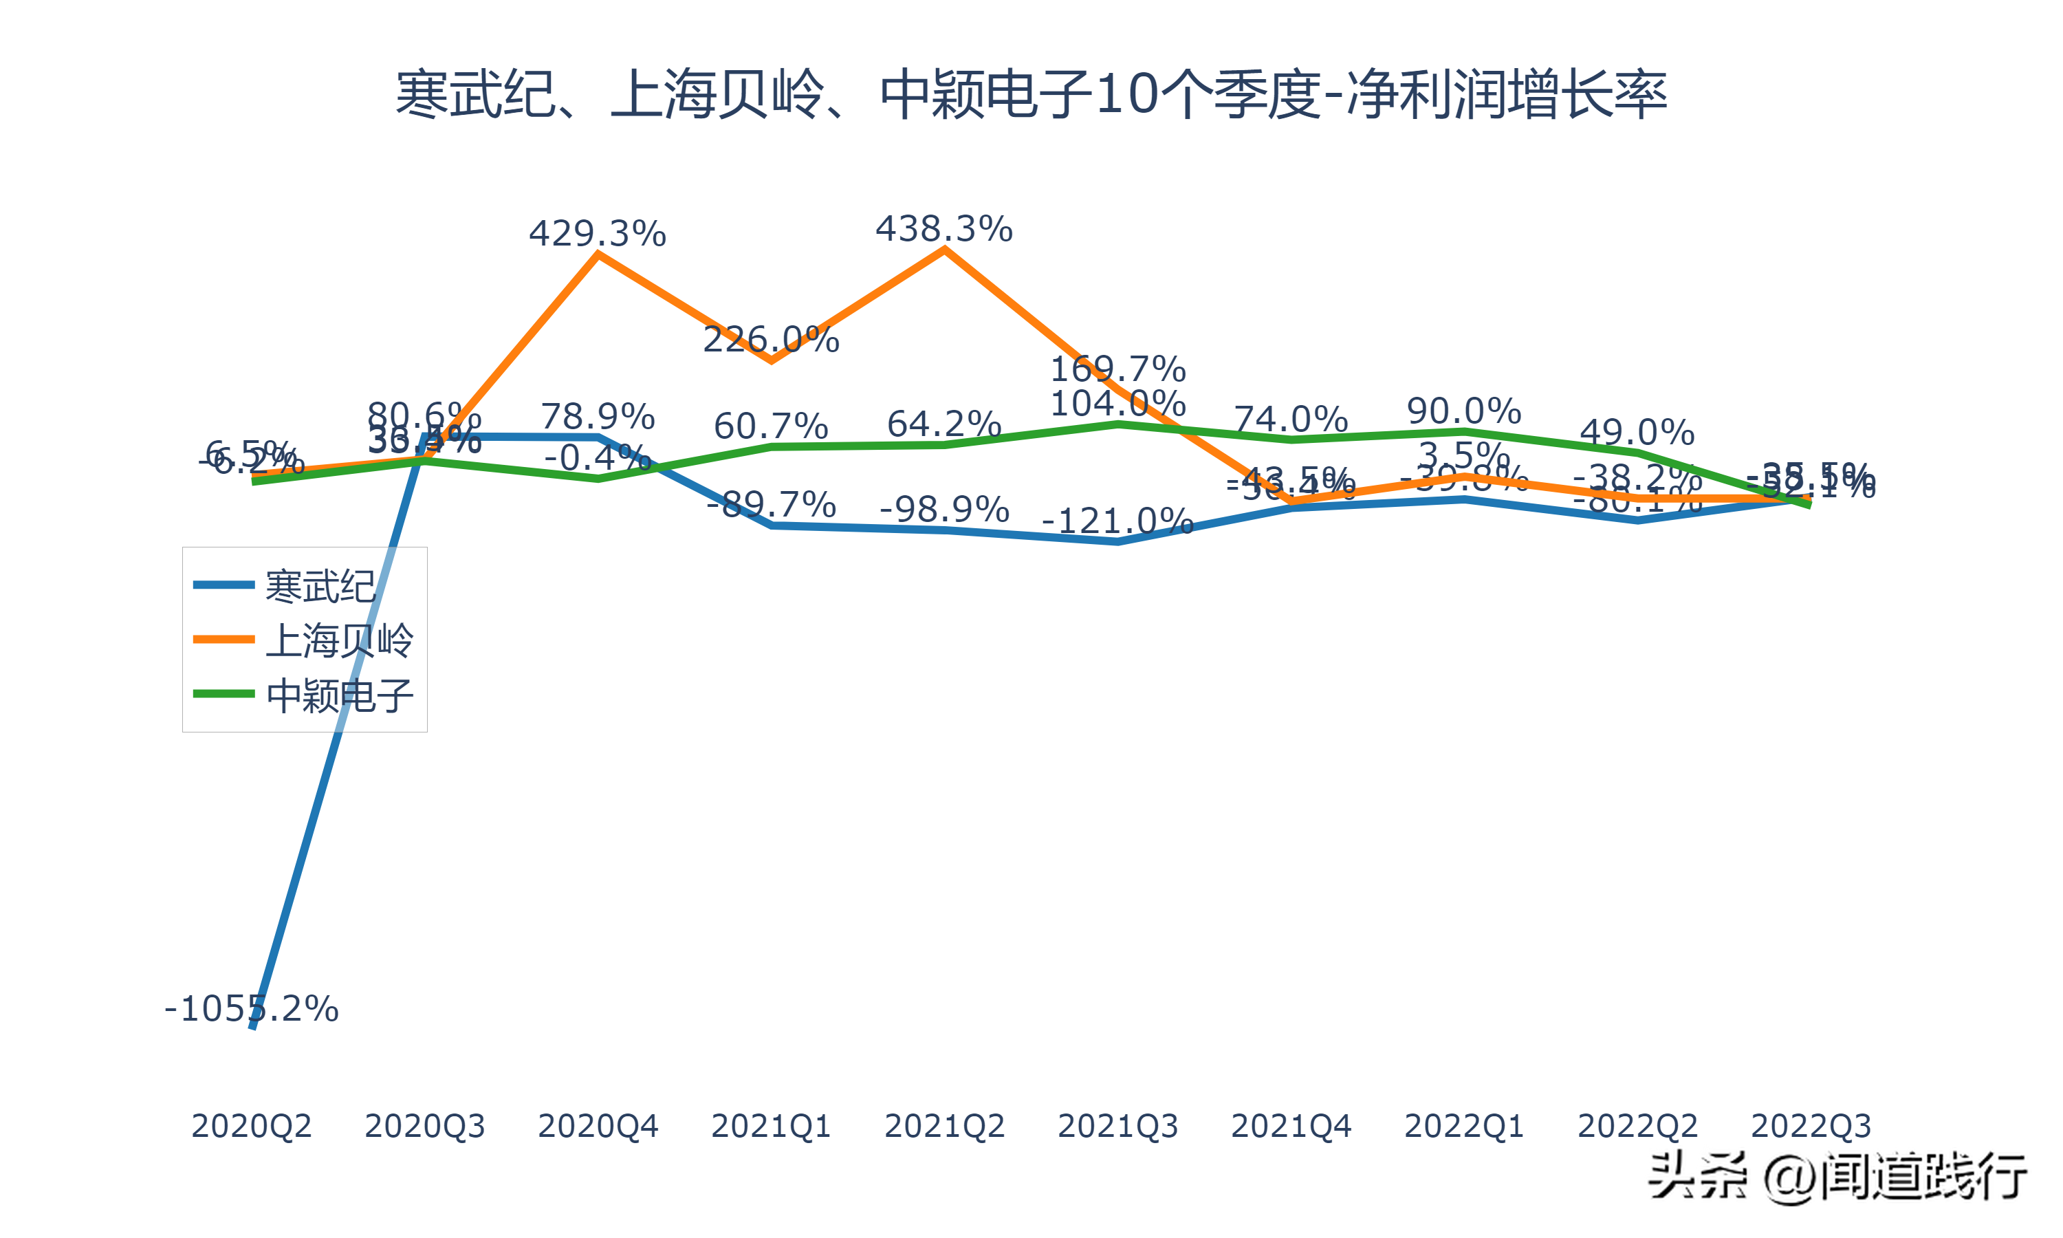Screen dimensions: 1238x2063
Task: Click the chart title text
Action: [1031, 94]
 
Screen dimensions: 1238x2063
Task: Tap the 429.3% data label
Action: [597, 234]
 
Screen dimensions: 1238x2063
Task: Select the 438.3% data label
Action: [944, 228]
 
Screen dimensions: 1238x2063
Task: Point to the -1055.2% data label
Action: [251, 1008]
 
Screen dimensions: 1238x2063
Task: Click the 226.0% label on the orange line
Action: [770, 340]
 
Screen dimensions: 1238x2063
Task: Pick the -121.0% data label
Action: [1117, 521]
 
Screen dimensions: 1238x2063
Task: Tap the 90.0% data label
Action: [1463, 411]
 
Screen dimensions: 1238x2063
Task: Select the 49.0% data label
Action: [1637, 432]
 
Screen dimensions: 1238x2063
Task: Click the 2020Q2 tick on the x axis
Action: [251, 1126]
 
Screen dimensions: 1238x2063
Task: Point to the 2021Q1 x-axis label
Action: [770, 1126]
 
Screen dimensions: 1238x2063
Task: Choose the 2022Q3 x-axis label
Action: [1811, 1126]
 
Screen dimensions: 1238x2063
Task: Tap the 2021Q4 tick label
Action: [1291, 1126]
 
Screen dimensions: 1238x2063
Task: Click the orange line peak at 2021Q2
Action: [944, 250]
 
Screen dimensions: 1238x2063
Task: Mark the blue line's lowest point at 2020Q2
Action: [252, 1026]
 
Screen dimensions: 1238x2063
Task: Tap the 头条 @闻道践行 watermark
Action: [1838, 1177]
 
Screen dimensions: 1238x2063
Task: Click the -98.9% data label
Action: [944, 509]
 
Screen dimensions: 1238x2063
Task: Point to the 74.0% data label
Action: [1291, 419]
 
